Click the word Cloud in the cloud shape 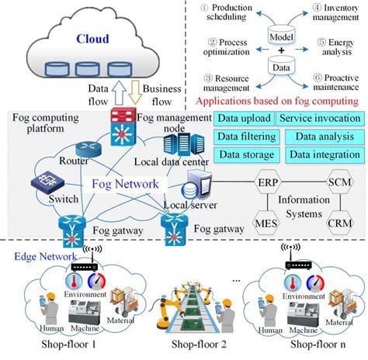click(92, 38)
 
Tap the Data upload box click(244, 119)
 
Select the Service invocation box click(319, 119)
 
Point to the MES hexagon click(266, 225)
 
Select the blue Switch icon click(43, 183)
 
